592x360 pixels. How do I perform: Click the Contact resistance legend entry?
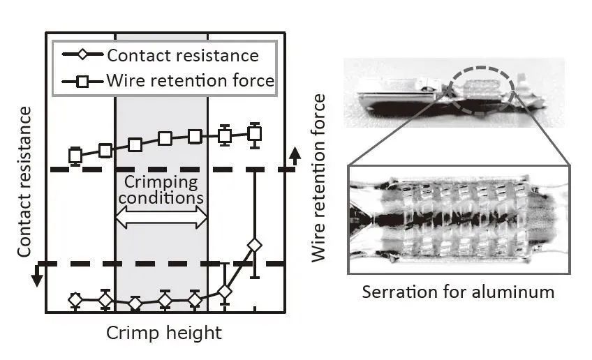[x=182, y=56]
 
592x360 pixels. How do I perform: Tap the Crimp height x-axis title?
[x=163, y=333]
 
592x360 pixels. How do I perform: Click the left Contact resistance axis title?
[x=24, y=181]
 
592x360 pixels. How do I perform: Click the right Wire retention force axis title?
[x=319, y=178]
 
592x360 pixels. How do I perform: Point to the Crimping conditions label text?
[x=161, y=190]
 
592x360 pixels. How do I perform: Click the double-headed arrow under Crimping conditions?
[x=161, y=218]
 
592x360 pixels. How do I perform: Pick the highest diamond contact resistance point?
[x=255, y=246]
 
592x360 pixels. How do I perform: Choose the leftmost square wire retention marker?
[x=75, y=156]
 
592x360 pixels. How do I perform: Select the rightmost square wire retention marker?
[x=255, y=133]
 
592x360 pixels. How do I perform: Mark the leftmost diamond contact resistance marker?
[x=75, y=300]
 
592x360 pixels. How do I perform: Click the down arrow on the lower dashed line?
[x=38, y=278]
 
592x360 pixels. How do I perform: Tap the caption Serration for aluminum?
[x=458, y=292]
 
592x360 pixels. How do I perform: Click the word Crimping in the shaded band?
[x=161, y=182]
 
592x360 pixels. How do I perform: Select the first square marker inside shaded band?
[x=135, y=144]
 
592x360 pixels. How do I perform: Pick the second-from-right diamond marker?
[x=225, y=291]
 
